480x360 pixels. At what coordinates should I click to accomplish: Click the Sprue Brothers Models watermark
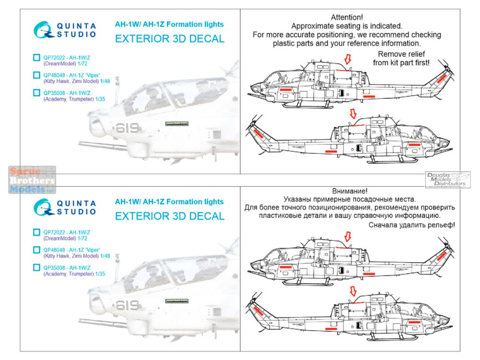[x=32, y=180]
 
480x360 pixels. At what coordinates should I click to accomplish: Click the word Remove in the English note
[x=391, y=54]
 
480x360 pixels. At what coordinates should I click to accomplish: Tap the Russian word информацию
[x=417, y=217]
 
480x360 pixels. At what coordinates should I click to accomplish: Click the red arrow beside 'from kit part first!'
[x=348, y=60]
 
